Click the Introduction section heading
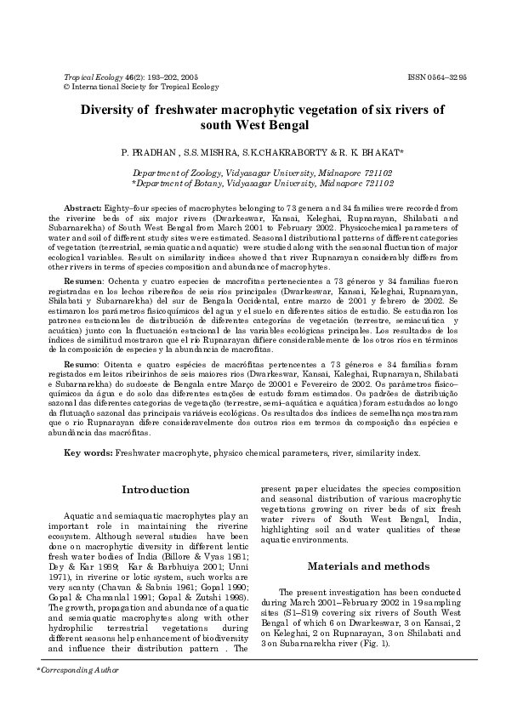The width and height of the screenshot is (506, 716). pos(156,491)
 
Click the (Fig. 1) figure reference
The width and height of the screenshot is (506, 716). pos(351,644)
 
